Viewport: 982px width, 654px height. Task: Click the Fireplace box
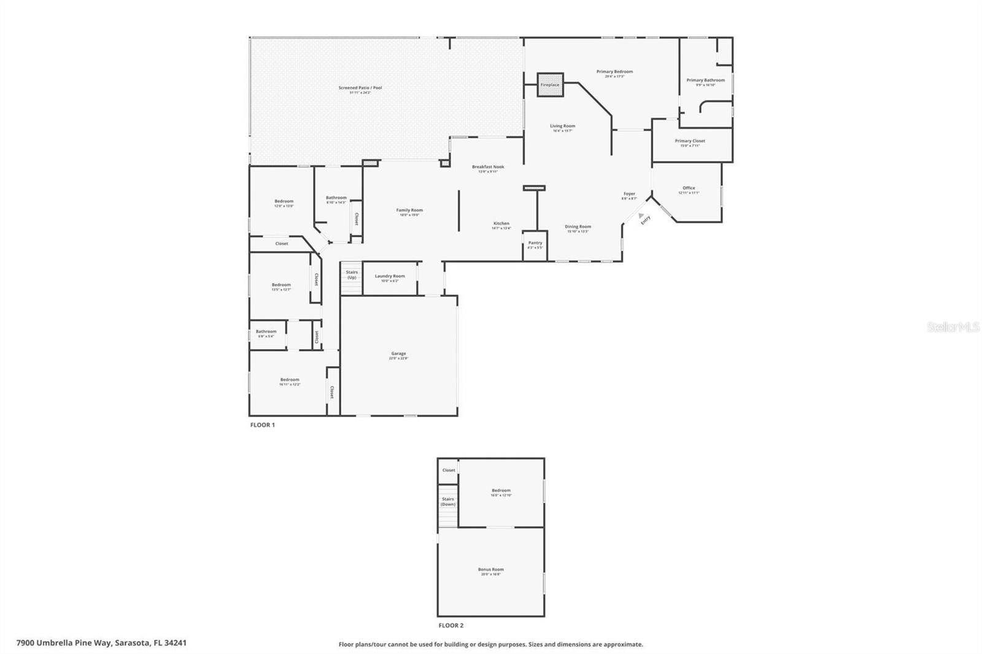pos(550,85)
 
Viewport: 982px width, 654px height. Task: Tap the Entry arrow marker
pos(641,215)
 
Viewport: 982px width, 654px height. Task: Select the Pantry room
pos(535,245)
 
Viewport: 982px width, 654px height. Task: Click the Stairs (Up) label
pos(352,275)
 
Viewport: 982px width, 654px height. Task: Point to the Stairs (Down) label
pos(448,502)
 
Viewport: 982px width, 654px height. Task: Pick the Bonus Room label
pos(490,570)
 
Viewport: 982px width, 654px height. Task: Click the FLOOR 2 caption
pos(451,626)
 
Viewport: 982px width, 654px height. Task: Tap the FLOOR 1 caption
pos(263,425)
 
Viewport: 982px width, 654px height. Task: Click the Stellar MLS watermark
pos(953,328)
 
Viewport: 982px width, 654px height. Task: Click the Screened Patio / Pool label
pos(360,88)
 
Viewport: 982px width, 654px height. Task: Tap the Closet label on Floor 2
pos(449,471)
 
